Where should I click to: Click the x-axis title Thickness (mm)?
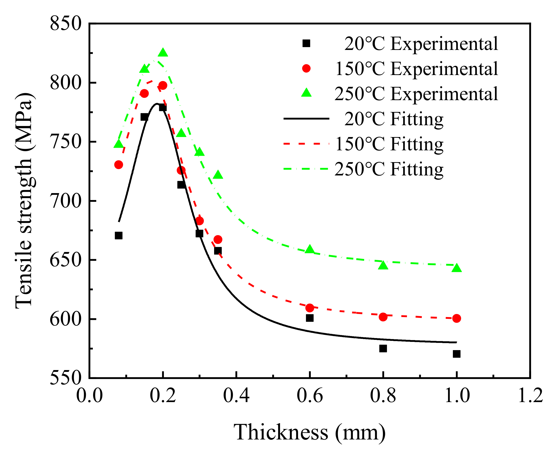coord(310,432)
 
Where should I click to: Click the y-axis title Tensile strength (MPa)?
coord(24,201)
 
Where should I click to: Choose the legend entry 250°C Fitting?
coord(389,169)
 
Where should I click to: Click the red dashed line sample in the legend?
coord(306,144)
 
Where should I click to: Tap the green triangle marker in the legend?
coord(306,93)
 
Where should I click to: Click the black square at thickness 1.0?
coord(456,354)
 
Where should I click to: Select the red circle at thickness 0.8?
coord(383,317)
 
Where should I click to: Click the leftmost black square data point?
coord(119,236)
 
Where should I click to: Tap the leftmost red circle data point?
coord(119,165)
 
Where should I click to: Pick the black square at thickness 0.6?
coord(310,318)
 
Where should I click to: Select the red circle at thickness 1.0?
coord(456,318)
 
